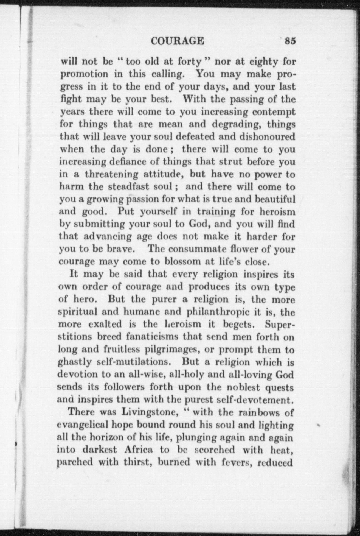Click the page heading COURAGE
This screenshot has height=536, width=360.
point(178,41)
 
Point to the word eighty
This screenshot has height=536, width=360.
point(265,62)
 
